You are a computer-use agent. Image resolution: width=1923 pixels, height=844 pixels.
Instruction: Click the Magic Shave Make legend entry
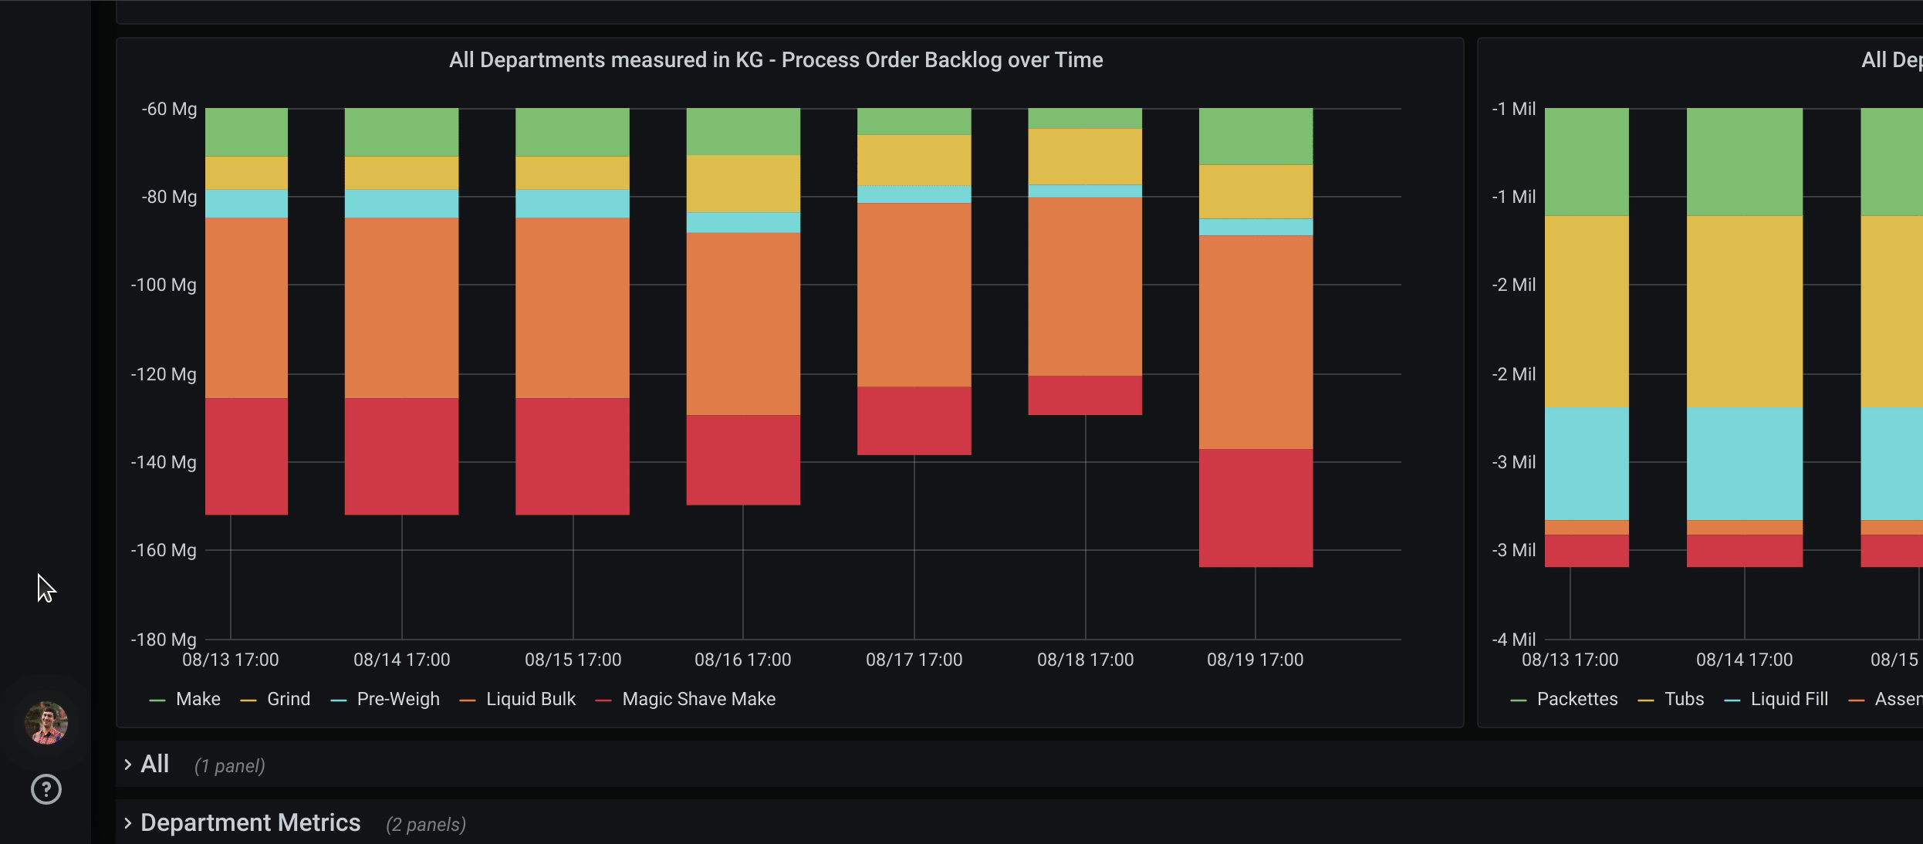tap(698, 699)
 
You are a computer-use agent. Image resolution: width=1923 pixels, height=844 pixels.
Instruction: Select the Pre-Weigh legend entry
tap(397, 699)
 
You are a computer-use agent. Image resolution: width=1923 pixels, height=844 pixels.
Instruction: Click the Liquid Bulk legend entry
tap(530, 699)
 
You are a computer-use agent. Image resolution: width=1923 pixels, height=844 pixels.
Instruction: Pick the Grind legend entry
tap(288, 699)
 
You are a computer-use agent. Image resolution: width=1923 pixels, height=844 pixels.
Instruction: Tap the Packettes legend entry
tap(1577, 699)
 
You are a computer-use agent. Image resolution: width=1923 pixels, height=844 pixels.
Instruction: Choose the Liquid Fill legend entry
tap(1789, 699)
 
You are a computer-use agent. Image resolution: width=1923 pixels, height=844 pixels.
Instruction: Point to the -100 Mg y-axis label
tap(164, 285)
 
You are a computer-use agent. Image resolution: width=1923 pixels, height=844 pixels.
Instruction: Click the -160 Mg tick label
tap(164, 551)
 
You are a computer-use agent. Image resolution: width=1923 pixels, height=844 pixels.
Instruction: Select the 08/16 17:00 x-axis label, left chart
tap(742, 660)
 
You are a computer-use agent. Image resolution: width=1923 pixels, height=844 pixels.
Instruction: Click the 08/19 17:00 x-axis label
tap(1255, 660)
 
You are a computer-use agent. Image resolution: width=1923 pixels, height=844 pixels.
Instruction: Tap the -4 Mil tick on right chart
tap(1513, 640)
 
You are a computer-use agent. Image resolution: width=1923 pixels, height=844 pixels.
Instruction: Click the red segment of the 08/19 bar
tap(1256, 508)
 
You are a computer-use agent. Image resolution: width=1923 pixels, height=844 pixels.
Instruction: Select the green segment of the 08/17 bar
tap(914, 121)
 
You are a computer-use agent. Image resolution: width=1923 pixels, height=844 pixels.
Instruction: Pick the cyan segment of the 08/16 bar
tap(743, 222)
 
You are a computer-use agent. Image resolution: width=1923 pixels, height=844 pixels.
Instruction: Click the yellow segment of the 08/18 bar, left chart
tap(1085, 156)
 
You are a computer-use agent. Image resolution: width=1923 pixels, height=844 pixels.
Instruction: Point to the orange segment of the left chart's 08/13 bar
tap(246, 307)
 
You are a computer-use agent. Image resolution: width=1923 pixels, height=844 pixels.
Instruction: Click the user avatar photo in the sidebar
tap(46, 723)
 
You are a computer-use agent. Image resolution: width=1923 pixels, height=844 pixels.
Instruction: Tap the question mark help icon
tap(46, 789)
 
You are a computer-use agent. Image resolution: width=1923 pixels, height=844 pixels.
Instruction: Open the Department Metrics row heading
tap(250, 823)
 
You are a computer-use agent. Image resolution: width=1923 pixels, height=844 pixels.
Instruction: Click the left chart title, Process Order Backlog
tap(776, 60)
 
